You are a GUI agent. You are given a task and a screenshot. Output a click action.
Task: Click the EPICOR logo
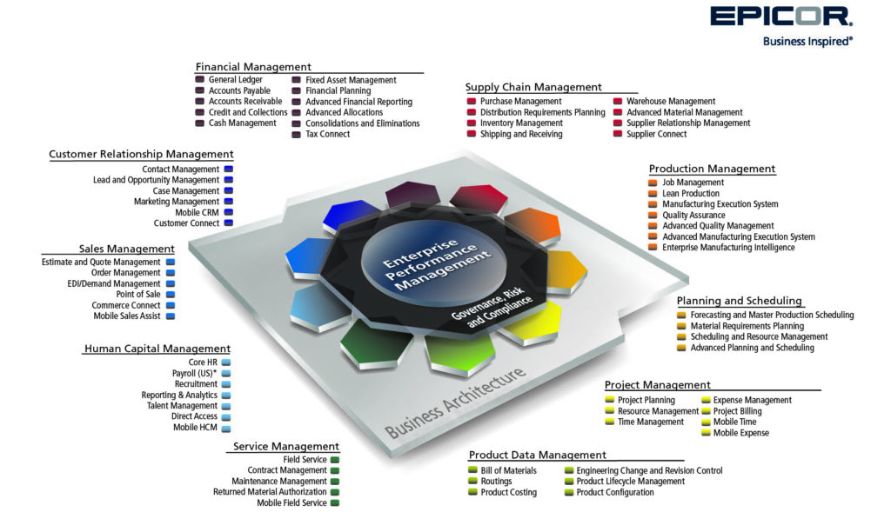pos(781,17)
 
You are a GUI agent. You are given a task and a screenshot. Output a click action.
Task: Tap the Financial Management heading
pos(253,66)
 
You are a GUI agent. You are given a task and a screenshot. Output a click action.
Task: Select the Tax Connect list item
pos(328,134)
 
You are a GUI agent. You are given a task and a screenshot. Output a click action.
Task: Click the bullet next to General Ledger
pos(199,79)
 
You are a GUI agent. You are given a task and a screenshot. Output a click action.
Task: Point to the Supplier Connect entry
pos(656,134)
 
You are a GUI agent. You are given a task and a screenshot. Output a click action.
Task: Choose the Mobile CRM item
pos(197,212)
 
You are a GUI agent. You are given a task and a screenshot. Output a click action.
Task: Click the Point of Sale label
pos(138,294)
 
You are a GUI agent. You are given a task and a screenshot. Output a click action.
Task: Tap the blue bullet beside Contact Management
pos(229,170)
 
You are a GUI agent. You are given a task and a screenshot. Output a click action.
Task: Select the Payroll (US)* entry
pos(194,373)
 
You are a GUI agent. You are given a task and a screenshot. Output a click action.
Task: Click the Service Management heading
pos(285,446)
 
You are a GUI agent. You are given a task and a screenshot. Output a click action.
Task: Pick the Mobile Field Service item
pos(291,503)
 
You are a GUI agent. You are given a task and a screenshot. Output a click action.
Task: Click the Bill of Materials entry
pos(508,470)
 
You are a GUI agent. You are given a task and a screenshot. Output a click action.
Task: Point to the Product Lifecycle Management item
pos(631,482)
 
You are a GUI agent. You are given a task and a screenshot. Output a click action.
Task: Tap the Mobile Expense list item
pos(741,433)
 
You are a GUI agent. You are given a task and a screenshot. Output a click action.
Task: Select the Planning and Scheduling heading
pos(740,301)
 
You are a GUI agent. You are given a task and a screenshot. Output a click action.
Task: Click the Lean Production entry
pos(690,194)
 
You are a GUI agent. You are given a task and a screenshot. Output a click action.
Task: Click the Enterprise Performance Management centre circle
pos(434,264)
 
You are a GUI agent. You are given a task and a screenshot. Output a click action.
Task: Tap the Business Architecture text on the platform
pos(455,403)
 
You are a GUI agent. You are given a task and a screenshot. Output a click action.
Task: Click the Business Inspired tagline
pos(807,42)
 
